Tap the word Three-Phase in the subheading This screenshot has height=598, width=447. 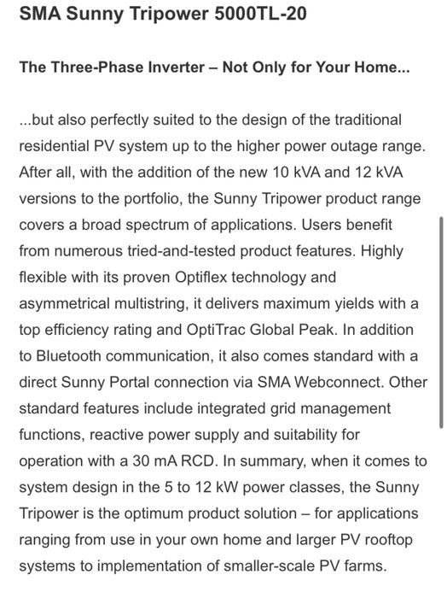[101, 69]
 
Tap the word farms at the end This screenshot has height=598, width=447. [362, 566]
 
